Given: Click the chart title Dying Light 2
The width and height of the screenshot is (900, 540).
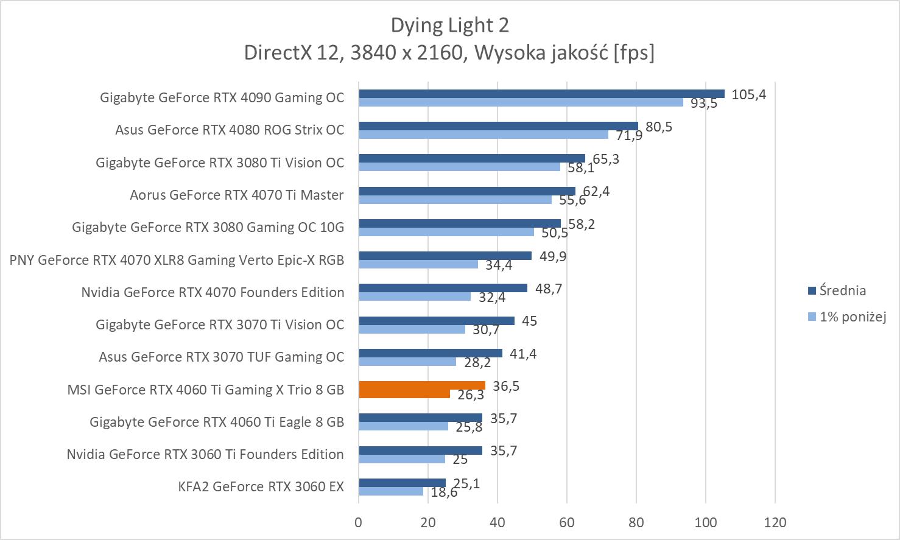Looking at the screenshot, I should point(449,26).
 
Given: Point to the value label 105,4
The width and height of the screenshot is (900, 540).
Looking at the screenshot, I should point(748,94).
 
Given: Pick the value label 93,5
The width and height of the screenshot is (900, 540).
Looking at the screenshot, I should point(703,103).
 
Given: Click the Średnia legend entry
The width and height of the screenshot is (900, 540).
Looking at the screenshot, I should point(842,290).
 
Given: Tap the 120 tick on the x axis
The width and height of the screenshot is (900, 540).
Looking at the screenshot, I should point(775,522).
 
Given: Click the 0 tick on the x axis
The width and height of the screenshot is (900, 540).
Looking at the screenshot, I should point(359,522).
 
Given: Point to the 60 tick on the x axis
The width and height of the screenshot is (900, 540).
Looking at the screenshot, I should point(567,522).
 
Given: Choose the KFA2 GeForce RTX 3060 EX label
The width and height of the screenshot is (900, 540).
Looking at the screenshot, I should point(261,486).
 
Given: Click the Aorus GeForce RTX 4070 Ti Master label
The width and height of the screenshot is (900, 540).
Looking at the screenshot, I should point(236,195).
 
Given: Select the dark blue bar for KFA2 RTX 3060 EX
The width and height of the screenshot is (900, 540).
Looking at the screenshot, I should point(402,483).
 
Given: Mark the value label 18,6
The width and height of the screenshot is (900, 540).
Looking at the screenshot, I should point(444,493).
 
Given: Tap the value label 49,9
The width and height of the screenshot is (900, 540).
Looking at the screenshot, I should point(552,256).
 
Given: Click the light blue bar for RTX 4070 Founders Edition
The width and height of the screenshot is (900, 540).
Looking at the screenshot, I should point(415,296).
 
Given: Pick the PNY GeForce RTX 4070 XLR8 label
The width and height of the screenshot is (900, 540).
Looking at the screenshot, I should point(177,260).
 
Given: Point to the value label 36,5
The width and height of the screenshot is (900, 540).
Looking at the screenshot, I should point(505,386).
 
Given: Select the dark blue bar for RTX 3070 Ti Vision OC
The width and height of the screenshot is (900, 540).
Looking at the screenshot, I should point(436,321).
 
